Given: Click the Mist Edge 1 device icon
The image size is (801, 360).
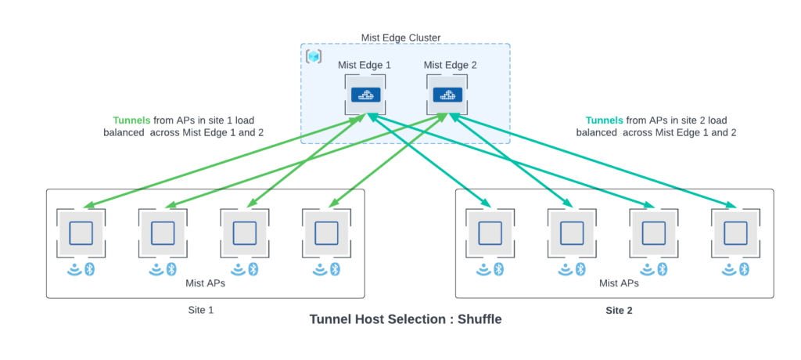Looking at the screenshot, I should (363, 95).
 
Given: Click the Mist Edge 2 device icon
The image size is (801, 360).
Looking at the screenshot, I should (447, 95).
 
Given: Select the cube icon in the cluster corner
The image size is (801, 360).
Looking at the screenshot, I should (314, 56).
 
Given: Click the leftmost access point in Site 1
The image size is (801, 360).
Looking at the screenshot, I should (81, 233).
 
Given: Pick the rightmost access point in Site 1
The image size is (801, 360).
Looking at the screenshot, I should (325, 233).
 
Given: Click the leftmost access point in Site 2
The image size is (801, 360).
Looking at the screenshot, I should (490, 233).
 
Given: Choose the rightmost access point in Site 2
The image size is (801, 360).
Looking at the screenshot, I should (735, 233).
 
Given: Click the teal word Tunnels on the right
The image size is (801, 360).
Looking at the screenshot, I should (604, 121).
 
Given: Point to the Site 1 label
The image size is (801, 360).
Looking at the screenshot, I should (201, 310).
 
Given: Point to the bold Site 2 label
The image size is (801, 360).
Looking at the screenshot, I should (619, 311).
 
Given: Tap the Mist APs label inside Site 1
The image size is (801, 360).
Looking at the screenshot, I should (205, 283).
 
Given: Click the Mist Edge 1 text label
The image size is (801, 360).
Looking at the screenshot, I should (364, 65).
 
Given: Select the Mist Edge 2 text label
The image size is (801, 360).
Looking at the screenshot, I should (449, 65).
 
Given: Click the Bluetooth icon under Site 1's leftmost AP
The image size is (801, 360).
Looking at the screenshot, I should (89, 269).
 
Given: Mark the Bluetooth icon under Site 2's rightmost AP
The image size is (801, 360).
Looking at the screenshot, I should (745, 269).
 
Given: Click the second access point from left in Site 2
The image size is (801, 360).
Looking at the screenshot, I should (572, 233).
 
